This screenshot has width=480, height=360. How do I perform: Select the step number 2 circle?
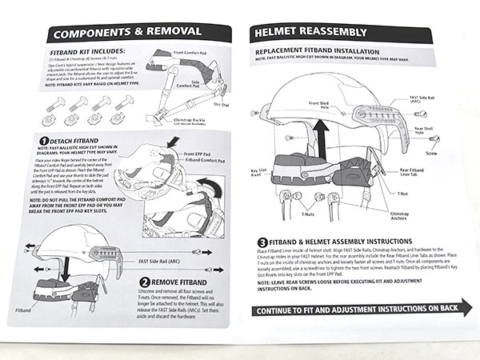click(x=145, y=281)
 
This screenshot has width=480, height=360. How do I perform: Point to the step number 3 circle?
click(x=262, y=242)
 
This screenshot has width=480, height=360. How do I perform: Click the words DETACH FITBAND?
click(x=78, y=141)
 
